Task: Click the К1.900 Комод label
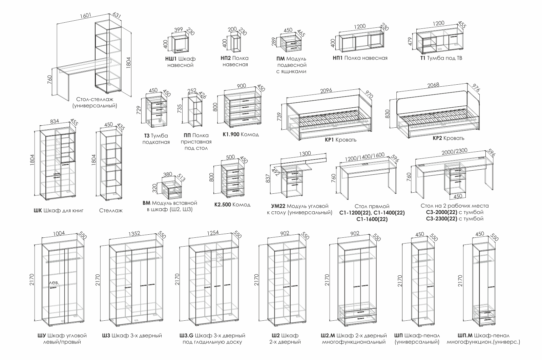(x=241, y=134)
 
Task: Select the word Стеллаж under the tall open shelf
(x=111, y=211)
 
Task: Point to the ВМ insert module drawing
(x=171, y=191)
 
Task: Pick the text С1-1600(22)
(x=372, y=219)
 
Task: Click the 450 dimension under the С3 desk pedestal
(x=457, y=196)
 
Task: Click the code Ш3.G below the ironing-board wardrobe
(x=186, y=336)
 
